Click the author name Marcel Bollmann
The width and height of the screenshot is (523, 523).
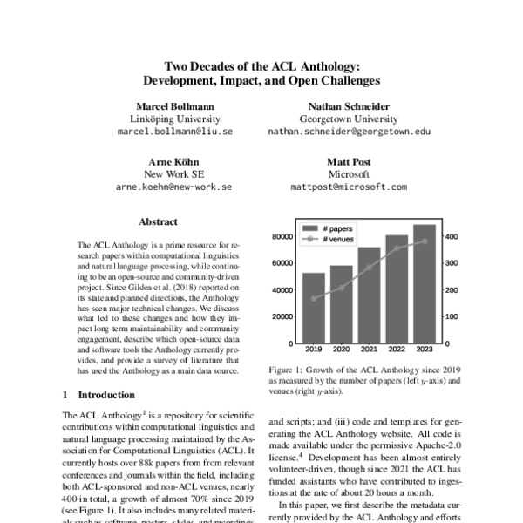click(x=174, y=105)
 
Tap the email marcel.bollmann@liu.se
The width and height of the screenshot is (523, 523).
click(x=174, y=132)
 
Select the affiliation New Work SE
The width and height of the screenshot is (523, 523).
click(x=174, y=173)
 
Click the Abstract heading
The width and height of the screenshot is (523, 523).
click(x=158, y=222)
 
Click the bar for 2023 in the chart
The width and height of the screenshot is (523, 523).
click(x=425, y=283)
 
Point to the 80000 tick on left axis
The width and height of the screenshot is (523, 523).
click(x=281, y=236)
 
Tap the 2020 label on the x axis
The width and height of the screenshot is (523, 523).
click(x=341, y=350)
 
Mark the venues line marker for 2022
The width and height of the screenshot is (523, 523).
click(x=397, y=248)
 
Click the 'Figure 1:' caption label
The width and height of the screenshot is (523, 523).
click(x=289, y=370)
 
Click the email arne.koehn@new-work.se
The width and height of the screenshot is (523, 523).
click(x=174, y=187)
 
